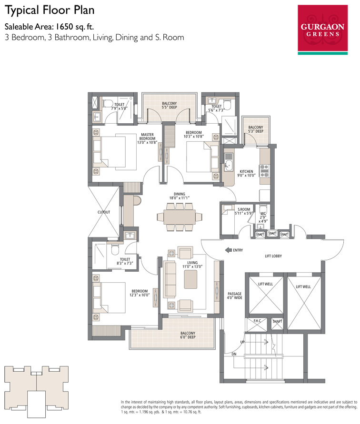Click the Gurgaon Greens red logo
coord(323,30)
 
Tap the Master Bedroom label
coord(147,138)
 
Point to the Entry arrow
coord(228,250)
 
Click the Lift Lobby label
coord(273,256)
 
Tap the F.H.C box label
coord(257,321)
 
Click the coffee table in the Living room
coord(190,279)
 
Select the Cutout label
coord(104,212)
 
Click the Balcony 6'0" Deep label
coord(188,335)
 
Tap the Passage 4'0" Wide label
coord(235,296)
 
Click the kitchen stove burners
coord(264,171)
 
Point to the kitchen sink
coord(229,166)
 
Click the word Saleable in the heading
coord(19,27)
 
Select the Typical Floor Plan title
coord(50,10)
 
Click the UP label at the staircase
coord(242,342)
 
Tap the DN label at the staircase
coord(234,354)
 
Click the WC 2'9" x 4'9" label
coord(263,217)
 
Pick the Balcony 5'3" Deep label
coord(256,129)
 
